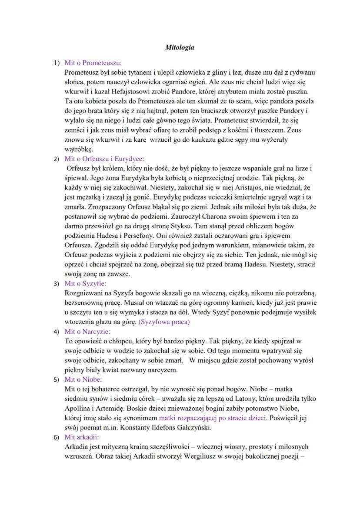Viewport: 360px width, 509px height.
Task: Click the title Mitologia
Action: [x=180, y=47]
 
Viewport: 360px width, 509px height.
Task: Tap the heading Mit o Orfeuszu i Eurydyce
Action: [x=104, y=159]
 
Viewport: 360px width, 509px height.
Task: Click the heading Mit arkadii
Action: [x=82, y=437]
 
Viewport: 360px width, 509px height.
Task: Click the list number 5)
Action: [x=57, y=379]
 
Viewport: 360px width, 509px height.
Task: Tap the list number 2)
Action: [x=57, y=159]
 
